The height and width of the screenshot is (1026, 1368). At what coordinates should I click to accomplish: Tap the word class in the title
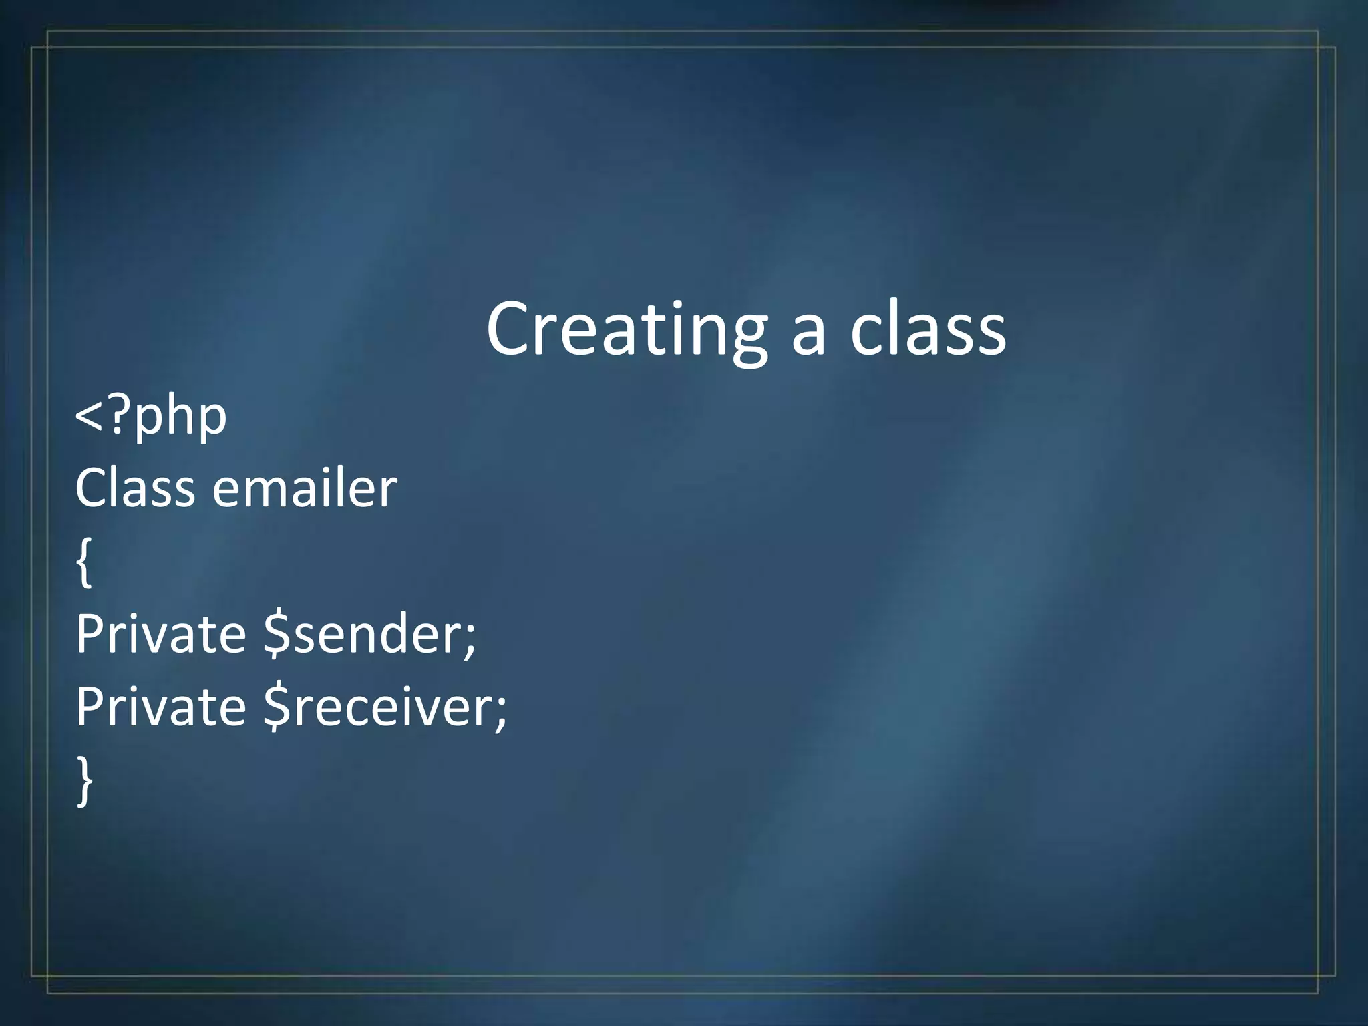pos(928,329)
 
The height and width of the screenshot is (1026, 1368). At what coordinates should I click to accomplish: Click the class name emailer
pos(305,488)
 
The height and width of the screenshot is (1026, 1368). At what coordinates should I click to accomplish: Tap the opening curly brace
pos(83,563)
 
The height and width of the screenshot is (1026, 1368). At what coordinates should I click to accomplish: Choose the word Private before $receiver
pos(160,707)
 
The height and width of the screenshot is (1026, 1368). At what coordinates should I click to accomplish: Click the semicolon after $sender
pos(470,640)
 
